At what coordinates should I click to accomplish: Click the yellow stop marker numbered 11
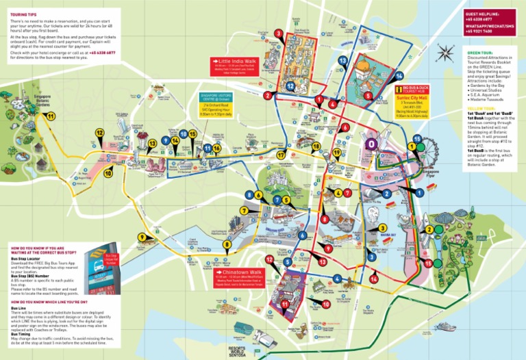pos(51,116)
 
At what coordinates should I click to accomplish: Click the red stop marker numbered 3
pos(278,33)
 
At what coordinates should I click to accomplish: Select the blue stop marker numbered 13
pos(342,61)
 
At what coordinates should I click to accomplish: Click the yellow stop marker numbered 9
pos(142,237)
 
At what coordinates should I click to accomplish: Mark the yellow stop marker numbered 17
pos(281,155)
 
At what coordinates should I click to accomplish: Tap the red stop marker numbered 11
pos(284,304)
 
